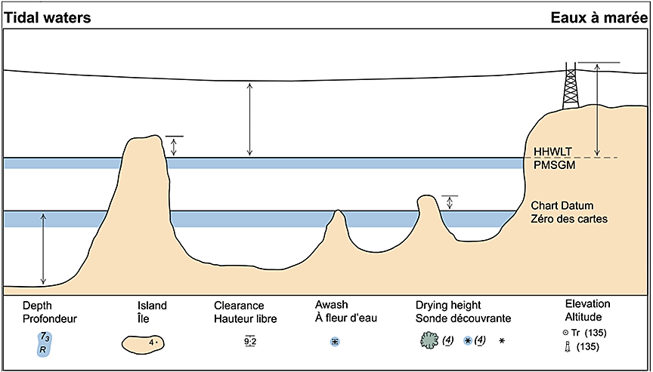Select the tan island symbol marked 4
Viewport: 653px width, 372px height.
point(148,343)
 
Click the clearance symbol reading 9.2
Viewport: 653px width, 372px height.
point(250,342)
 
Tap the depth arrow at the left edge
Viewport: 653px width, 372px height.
point(43,248)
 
